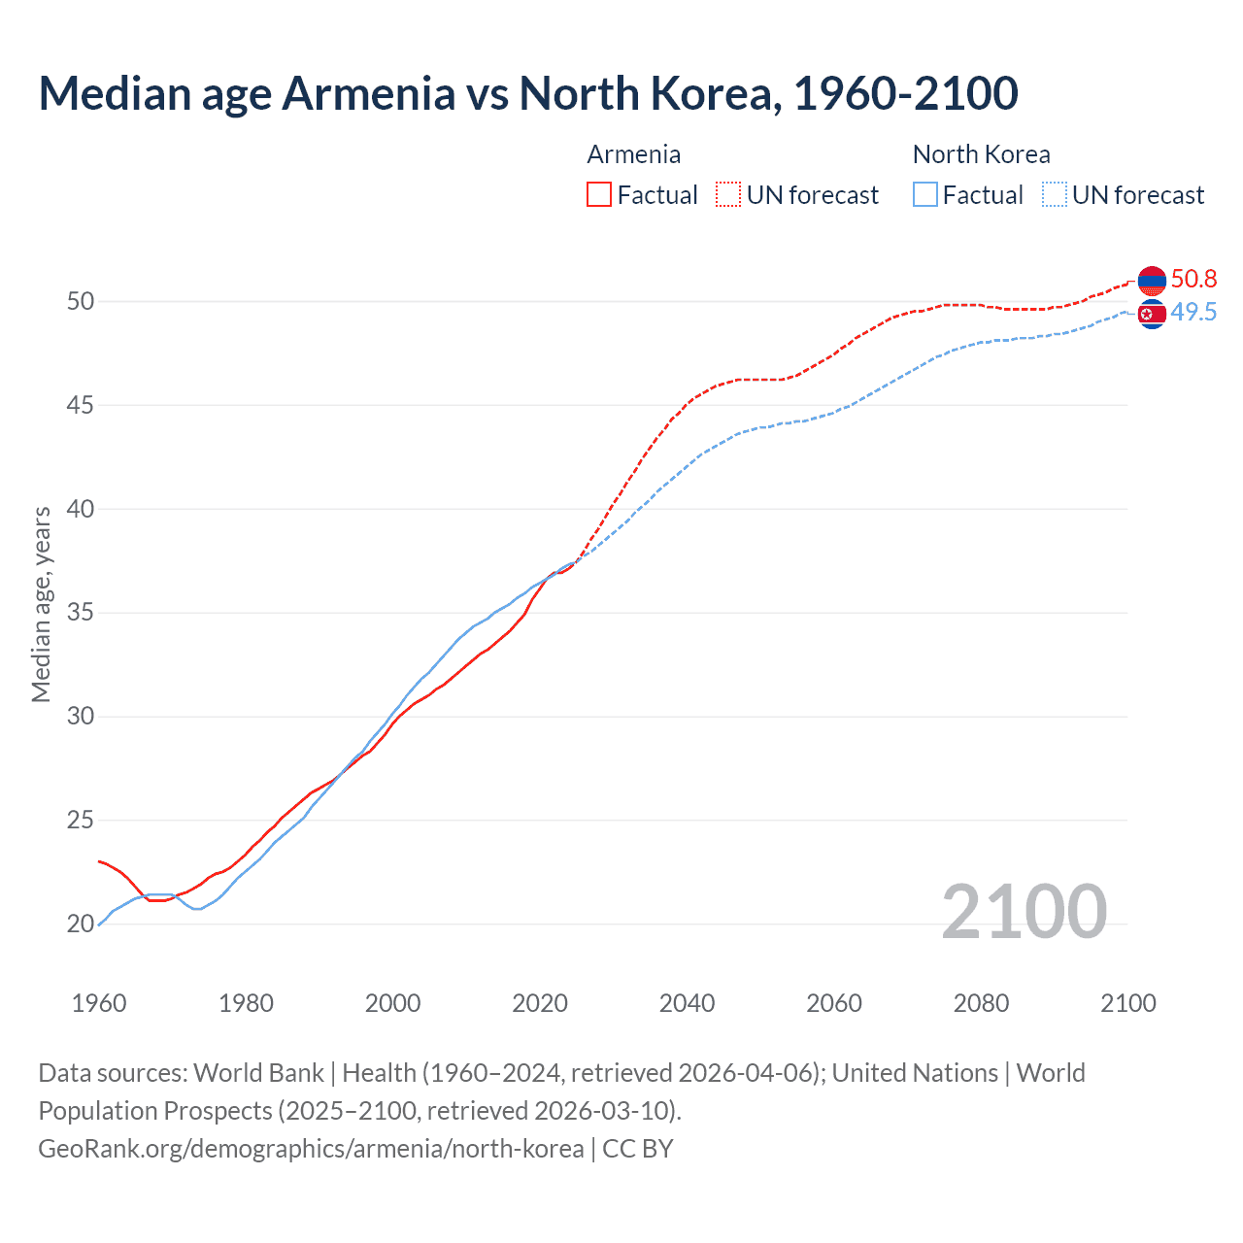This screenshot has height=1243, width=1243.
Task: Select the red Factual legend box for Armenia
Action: coord(599,195)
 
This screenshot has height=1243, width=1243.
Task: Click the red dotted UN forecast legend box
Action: coord(728,195)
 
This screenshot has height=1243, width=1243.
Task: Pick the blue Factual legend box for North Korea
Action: coord(925,195)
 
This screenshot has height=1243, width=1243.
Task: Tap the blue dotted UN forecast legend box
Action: coord(1055,195)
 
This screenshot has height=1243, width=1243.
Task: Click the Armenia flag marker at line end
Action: coord(1152,281)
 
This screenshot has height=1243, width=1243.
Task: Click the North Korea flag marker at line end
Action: coord(1152,314)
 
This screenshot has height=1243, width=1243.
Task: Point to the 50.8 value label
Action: coord(1193,280)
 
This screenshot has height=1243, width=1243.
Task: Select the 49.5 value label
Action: coord(1193,313)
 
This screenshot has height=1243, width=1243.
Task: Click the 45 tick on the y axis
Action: coord(81,405)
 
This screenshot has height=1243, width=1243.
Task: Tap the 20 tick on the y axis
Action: coord(81,924)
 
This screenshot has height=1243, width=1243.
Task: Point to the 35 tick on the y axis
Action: coord(81,613)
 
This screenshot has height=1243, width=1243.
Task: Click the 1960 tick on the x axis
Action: coord(99,1003)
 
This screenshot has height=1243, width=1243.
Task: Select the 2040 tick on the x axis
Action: coord(687,1003)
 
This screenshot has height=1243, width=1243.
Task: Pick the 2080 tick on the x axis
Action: coord(981,1003)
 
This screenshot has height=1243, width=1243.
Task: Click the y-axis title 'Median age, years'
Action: coord(41,604)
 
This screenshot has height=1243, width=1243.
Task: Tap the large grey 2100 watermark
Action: coord(1024,911)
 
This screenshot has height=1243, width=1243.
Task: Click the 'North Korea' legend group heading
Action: coord(981,154)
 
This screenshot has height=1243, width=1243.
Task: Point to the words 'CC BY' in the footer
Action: coord(638,1149)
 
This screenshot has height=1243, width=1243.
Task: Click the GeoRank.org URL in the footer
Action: coord(311,1149)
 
